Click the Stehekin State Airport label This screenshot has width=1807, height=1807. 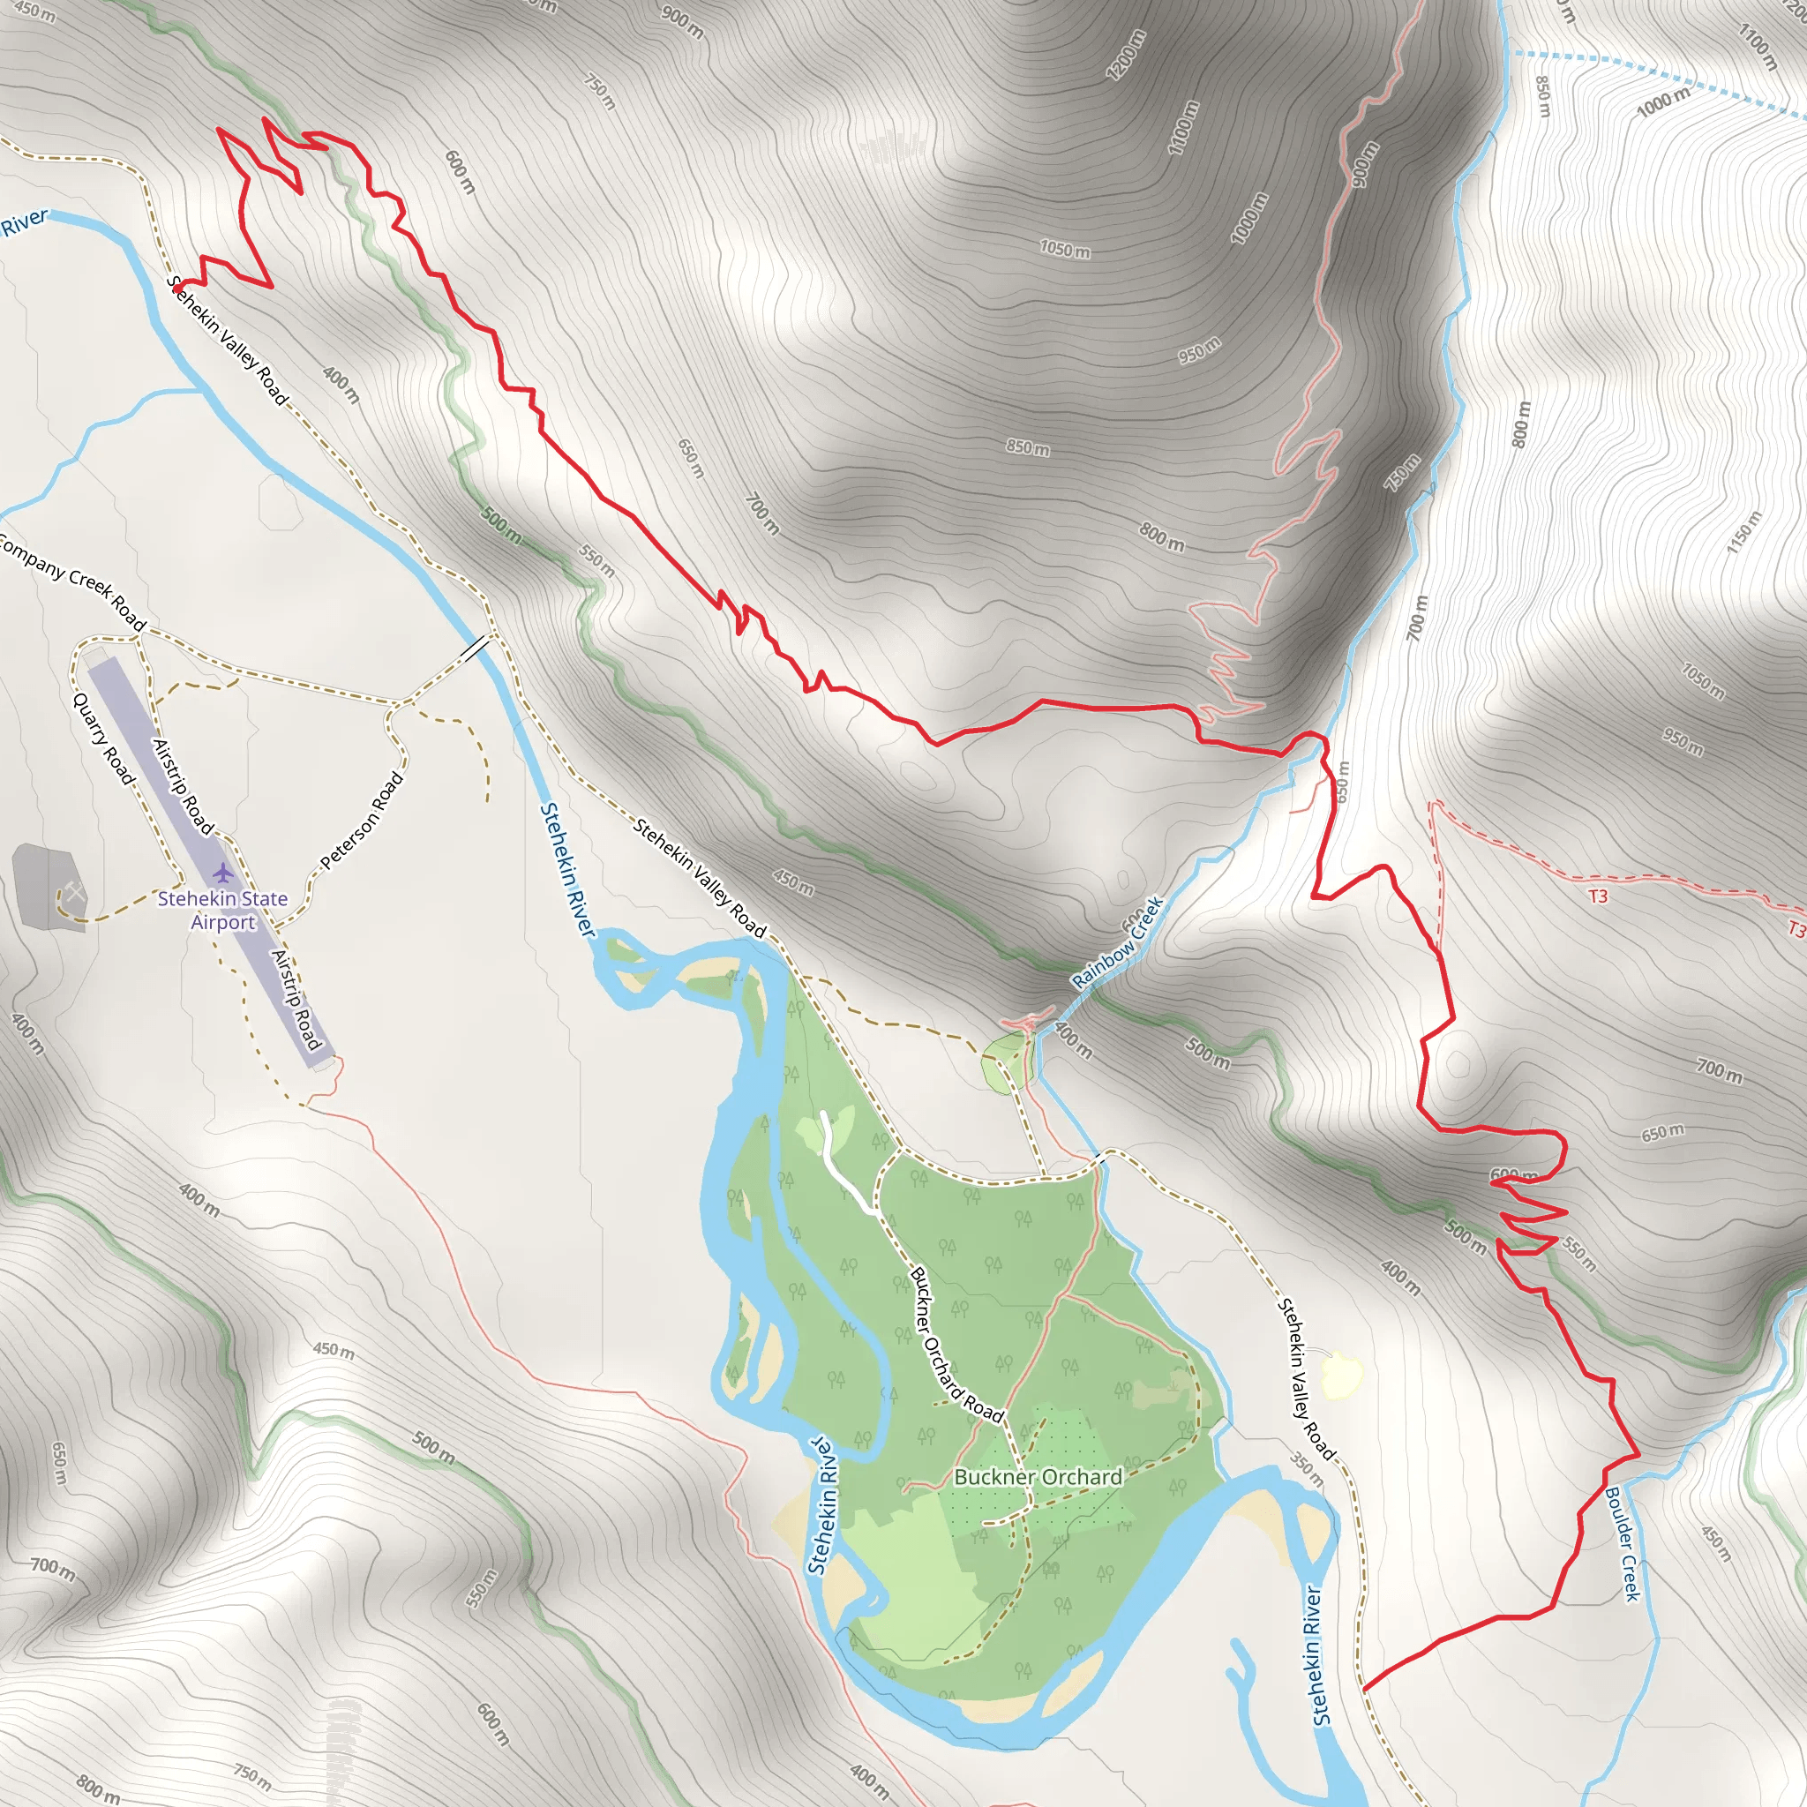[222, 910]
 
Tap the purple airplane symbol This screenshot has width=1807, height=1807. [221, 873]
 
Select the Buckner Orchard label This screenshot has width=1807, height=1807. [1038, 1477]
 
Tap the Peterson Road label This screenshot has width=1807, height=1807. [362, 821]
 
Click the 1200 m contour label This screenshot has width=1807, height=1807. [1125, 56]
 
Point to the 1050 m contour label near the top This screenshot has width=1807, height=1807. [1064, 250]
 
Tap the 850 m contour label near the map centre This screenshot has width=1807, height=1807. [1027, 448]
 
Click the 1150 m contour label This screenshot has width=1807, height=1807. [1743, 531]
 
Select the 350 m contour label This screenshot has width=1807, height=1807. [1307, 1469]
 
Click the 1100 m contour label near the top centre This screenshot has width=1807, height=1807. [1183, 126]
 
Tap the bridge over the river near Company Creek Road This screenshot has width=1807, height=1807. [476, 648]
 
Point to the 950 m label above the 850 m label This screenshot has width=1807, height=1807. [1199, 349]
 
